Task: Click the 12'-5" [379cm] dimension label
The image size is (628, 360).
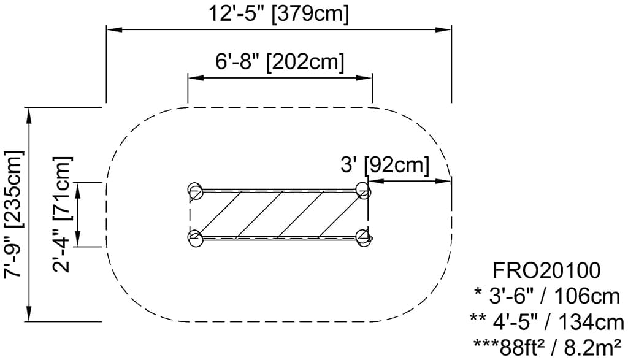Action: (x=278, y=13)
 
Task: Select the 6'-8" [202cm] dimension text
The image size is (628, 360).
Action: (x=280, y=62)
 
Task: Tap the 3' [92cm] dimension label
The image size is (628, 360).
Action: (x=385, y=164)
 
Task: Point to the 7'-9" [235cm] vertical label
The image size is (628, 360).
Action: (x=13, y=215)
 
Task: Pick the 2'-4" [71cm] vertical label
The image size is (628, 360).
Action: (x=62, y=214)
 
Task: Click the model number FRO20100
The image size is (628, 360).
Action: (x=546, y=270)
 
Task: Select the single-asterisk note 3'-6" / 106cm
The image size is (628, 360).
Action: (x=547, y=297)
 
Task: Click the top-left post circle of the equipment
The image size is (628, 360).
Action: (x=196, y=191)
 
